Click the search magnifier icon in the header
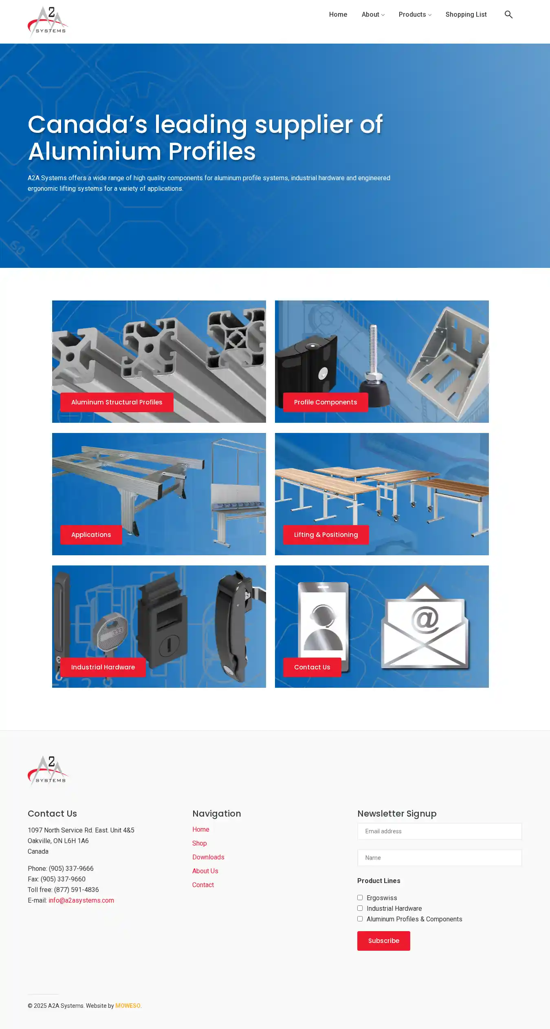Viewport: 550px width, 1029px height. (x=508, y=15)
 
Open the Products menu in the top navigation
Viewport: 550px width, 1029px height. (x=415, y=15)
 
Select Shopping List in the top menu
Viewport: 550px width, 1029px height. (x=466, y=15)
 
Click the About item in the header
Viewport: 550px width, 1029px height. (x=373, y=15)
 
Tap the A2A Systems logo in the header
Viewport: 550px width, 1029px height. (x=48, y=21)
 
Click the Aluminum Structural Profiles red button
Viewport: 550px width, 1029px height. (x=117, y=402)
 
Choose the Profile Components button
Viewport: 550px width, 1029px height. (x=326, y=402)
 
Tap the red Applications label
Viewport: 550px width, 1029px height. (x=91, y=535)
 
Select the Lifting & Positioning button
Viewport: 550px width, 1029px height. (x=326, y=535)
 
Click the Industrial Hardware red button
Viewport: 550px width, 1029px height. (x=103, y=667)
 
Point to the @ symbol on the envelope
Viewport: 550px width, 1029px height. (x=425, y=619)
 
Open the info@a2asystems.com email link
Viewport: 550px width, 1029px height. (x=81, y=901)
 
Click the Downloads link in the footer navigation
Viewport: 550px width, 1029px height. (x=208, y=857)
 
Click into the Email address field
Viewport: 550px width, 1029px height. (x=440, y=831)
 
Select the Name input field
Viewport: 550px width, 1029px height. (x=440, y=858)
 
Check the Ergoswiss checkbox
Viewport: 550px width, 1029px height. (x=360, y=898)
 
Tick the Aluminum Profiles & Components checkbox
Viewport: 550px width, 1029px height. (x=360, y=919)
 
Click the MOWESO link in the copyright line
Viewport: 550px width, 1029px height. (x=128, y=1006)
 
